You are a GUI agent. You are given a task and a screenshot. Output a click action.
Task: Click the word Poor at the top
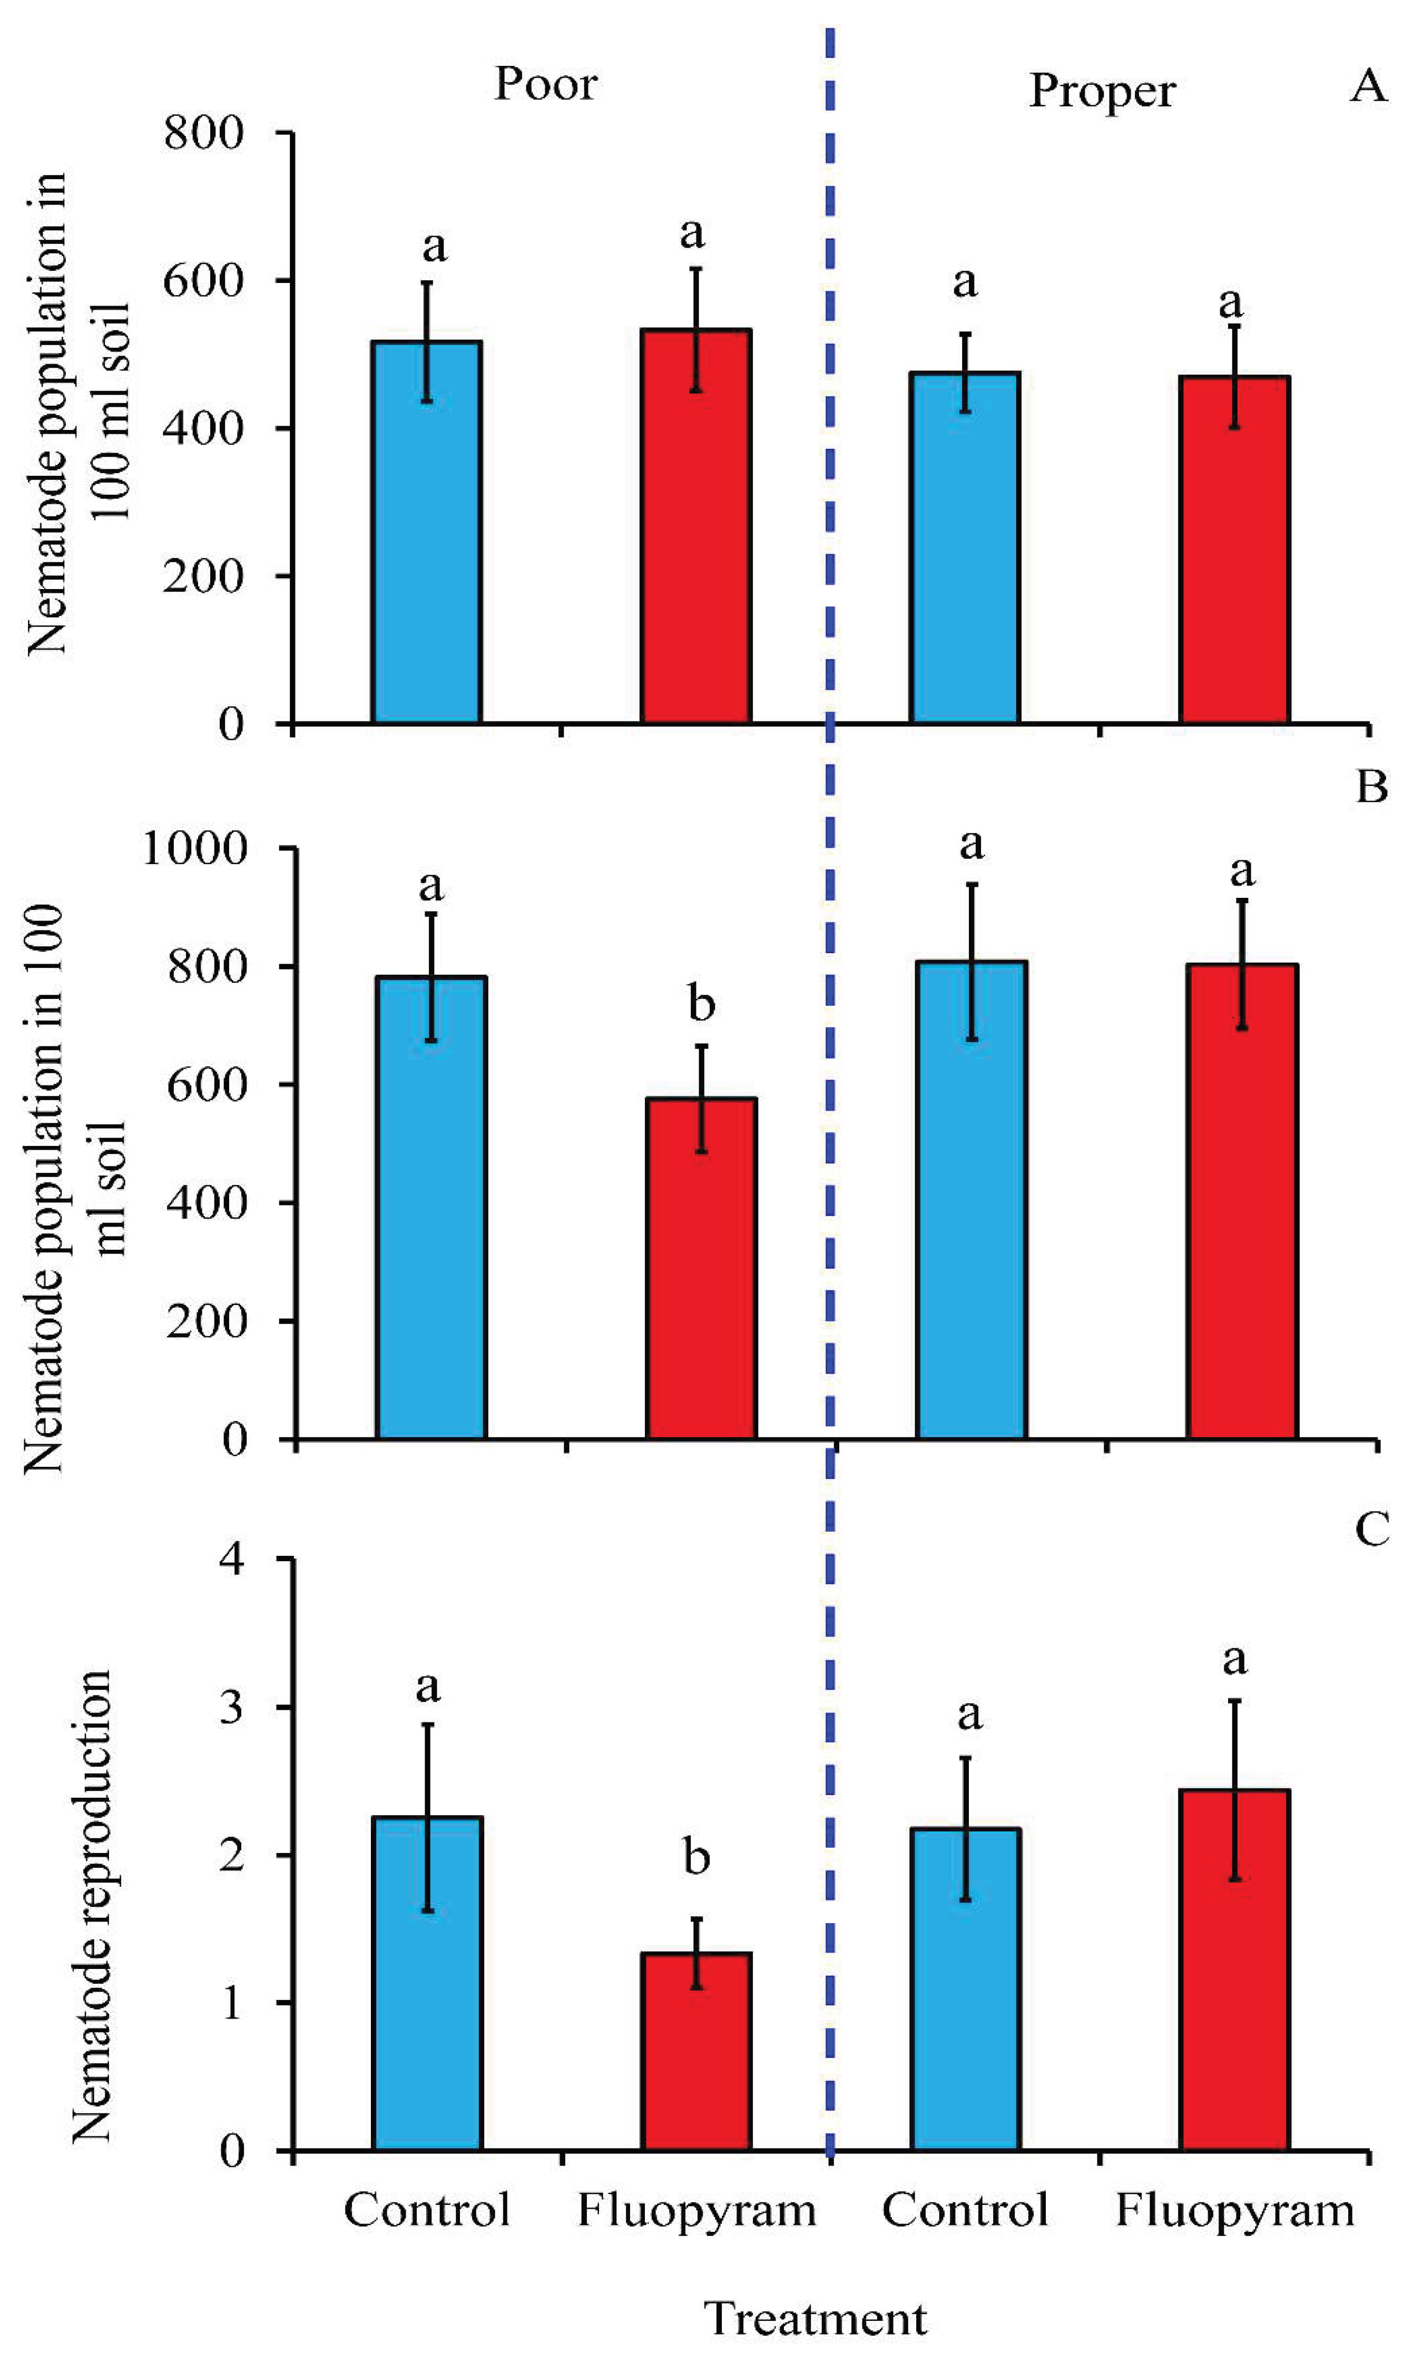coord(546,84)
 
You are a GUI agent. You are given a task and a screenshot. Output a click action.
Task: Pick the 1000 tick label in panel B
coord(194,847)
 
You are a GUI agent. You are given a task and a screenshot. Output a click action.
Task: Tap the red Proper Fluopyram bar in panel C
coord(1234,1970)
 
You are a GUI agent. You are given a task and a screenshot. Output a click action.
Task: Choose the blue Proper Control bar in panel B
coord(971,1200)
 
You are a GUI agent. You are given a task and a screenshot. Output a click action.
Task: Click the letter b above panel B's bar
coord(702,1004)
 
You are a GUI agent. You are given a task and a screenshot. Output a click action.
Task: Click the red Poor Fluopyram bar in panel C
coord(696,2052)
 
